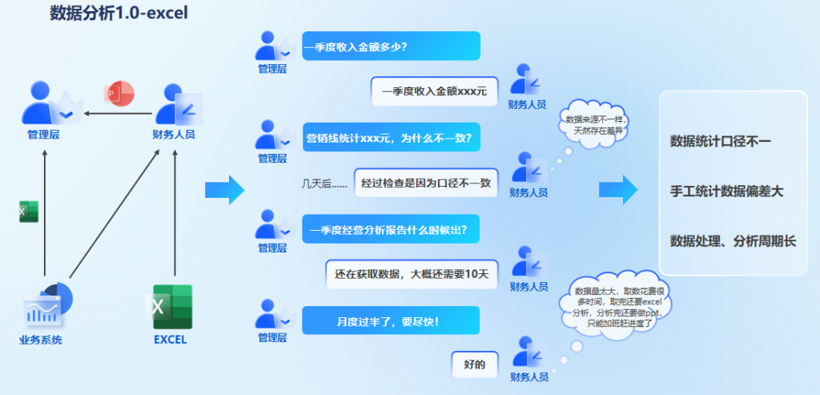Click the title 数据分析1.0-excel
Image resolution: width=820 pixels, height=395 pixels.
119,13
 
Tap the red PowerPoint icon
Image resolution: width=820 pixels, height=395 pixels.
119,94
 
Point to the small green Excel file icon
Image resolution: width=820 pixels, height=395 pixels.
28,212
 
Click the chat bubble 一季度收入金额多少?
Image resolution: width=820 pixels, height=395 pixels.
391,46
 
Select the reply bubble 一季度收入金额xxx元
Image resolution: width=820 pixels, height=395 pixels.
434,91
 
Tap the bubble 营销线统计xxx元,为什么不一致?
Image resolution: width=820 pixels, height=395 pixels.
391,137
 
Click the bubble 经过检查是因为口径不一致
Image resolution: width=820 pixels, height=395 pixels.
425,183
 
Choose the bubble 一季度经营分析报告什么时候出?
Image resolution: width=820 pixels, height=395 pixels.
391,229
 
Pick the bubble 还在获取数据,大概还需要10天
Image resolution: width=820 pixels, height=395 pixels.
412,274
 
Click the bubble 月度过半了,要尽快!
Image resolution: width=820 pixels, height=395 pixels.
391,320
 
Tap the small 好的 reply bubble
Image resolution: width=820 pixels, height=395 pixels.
475,365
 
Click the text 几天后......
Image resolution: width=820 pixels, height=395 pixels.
324,183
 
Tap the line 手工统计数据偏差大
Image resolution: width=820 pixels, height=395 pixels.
726,191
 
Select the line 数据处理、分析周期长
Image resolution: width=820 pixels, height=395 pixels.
733,240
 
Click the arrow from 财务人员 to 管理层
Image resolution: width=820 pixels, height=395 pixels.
119,114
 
